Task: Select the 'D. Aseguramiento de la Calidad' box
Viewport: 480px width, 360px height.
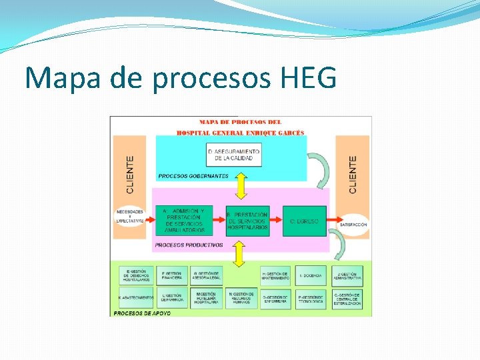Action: tap(233, 155)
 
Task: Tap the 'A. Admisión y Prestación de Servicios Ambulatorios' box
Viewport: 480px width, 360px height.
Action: tap(184, 221)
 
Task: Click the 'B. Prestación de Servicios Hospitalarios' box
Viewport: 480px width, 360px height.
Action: tap(247, 221)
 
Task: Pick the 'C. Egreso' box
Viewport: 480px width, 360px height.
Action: tap(305, 221)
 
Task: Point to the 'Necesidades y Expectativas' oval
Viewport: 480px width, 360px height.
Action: tap(130, 216)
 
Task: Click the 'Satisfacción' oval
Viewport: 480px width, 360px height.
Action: tap(353, 225)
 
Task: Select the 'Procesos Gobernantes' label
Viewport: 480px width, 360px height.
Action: tap(193, 176)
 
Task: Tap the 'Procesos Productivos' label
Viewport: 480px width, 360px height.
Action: tap(189, 245)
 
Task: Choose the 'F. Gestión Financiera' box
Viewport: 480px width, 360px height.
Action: tap(172, 275)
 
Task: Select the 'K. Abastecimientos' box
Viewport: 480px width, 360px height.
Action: tap(136, 297)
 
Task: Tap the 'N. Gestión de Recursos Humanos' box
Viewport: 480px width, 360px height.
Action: tap(241, 297)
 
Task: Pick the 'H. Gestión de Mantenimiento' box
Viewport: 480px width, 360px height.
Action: tap(275, 275)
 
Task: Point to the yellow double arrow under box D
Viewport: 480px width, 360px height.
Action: tap(241, 186)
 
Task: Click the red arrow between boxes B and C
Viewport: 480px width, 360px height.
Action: tap(277, 221)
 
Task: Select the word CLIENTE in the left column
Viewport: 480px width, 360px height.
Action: tap(131, 175)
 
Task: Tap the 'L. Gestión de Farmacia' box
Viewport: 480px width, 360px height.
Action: tap(172, 297)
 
